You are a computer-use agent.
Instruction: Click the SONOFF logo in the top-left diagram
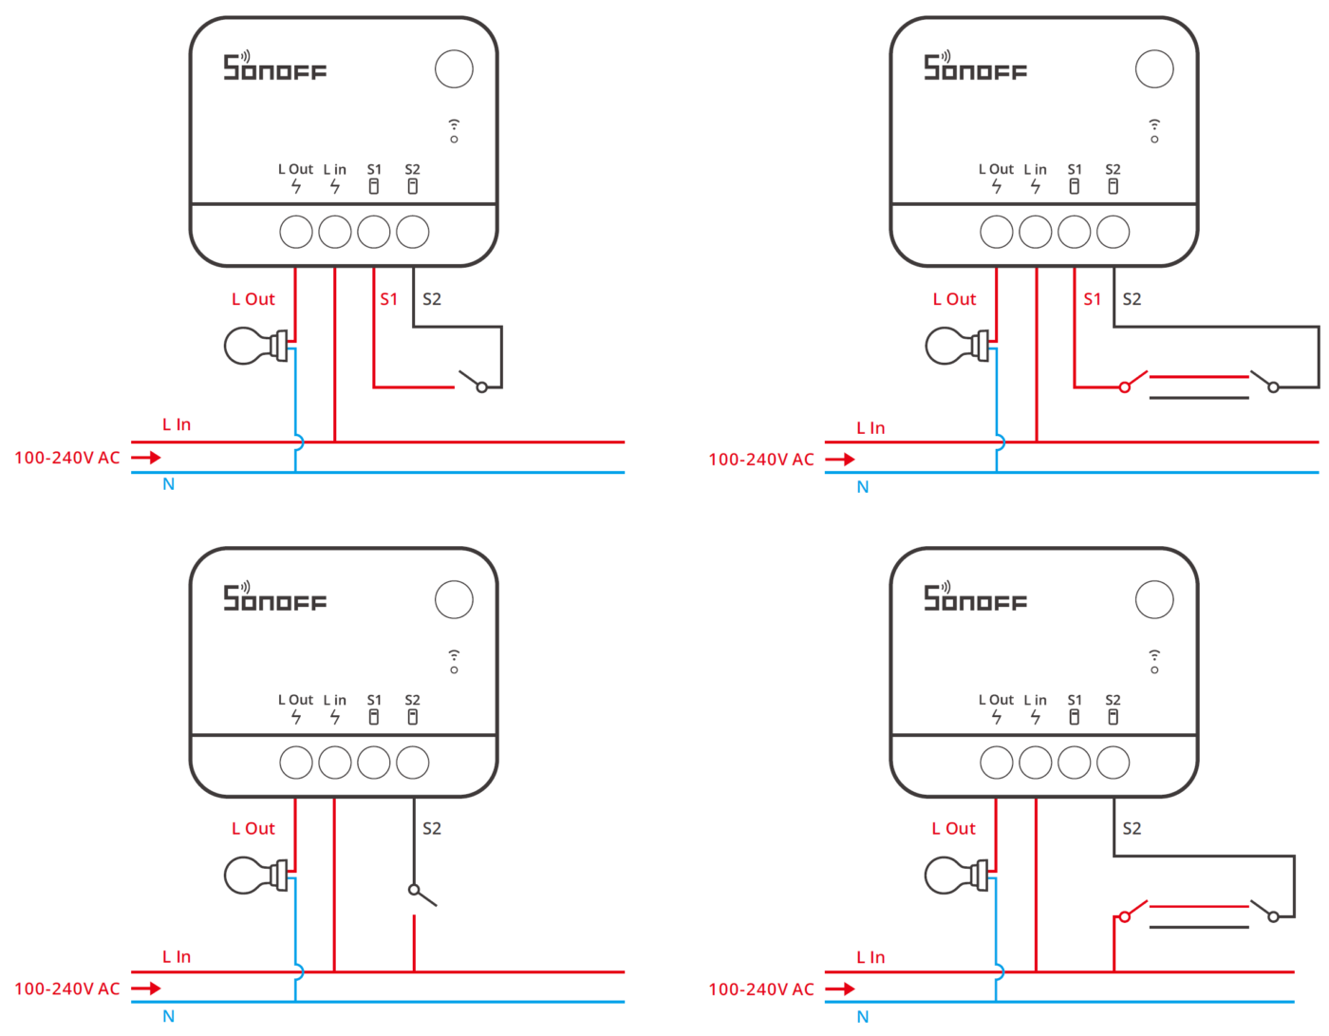pos(274,66)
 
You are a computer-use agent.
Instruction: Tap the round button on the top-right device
pos(1154,68)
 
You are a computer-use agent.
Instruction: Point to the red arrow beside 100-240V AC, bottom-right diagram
pos(840,989)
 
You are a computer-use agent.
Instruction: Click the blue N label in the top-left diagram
pos(168,484)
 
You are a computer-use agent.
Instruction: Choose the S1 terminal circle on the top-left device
pos(374,232)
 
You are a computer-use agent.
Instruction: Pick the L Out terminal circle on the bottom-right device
pos(997,762)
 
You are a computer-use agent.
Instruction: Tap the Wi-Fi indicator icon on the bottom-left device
pos(454,661)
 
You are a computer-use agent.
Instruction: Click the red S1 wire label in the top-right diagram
pos(1092,299)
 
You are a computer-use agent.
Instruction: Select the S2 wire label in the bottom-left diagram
pos(432,829)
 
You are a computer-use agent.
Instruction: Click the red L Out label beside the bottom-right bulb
pos(953,829)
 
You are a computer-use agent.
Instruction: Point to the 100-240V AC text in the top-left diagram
pos(67,458)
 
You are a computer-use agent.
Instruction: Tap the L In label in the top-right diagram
pos(870,428)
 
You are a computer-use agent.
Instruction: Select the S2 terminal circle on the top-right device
pos(1113,232)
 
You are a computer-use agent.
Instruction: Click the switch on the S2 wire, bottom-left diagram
pos(421,895)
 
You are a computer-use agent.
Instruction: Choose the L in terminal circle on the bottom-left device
pos(335,762)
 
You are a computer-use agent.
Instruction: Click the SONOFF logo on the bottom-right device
pos(975,597)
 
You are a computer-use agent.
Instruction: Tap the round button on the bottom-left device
pos(454,599)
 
